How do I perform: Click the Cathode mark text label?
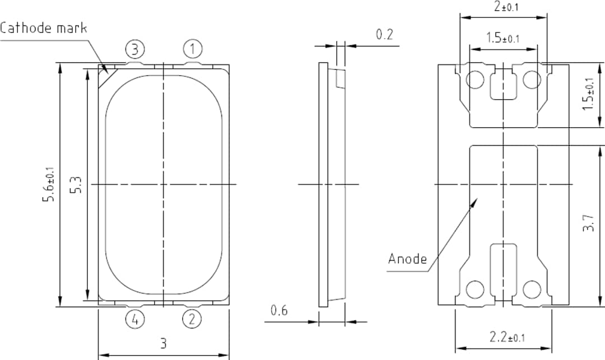tap(44, 27)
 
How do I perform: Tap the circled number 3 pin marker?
tap(134, 49)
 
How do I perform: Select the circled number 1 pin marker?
tap(192, 49)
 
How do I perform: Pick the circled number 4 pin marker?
tap(134, 320)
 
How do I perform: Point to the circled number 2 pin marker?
tap(192, 320)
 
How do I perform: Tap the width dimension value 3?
tap(164, 343)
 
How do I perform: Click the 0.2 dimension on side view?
tap(384, 35)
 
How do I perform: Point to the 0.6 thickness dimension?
tap(279, 310)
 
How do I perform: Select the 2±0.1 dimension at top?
tap(506, 7)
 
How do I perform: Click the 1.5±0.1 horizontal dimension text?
tap(502, 39)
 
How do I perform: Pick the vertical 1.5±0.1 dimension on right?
tap(588, 95)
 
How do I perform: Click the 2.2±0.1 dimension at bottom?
tap(507, 337)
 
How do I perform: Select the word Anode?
tap(407, 259)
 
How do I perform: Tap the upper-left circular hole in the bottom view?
tap(475, 80)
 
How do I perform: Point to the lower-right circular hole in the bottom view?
tap(532, 289)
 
